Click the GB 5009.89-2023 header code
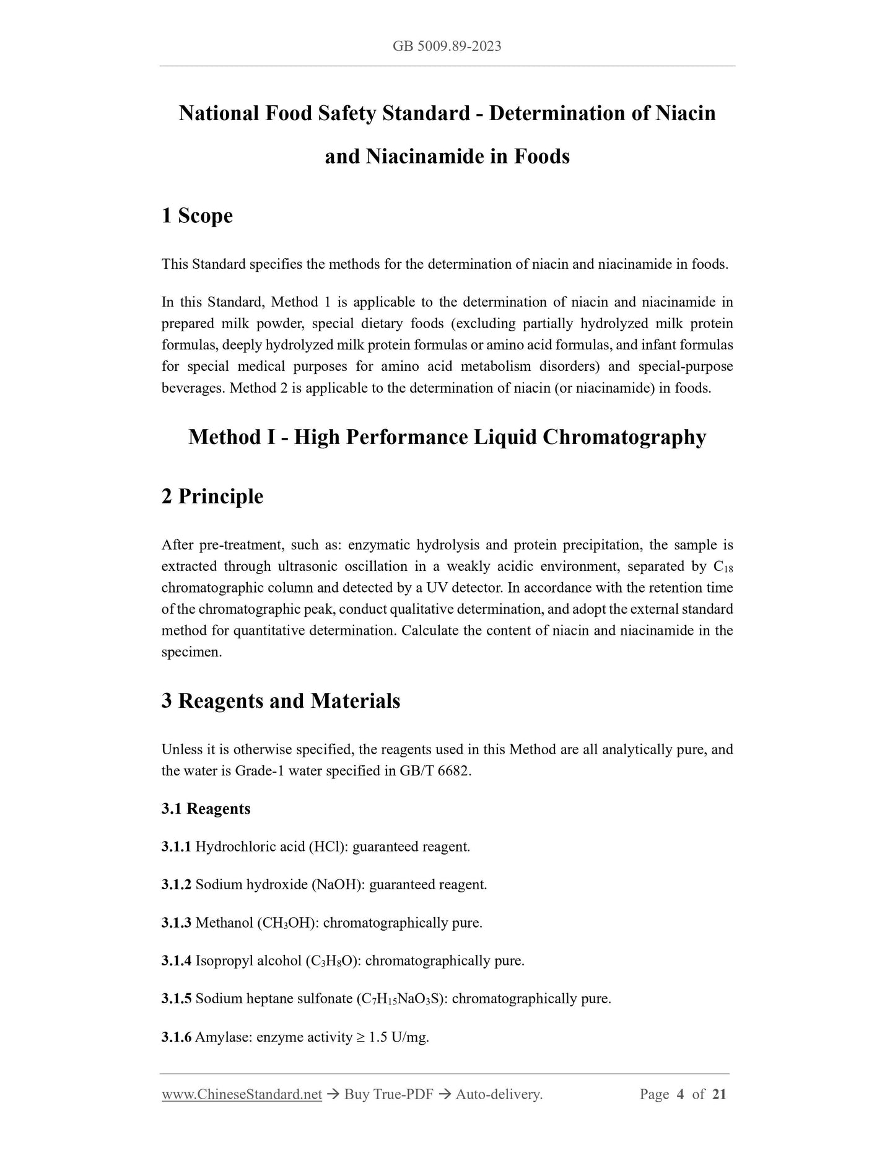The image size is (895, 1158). [447, 46]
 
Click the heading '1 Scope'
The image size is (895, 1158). [197, 216]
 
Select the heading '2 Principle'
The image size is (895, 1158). [212, 497]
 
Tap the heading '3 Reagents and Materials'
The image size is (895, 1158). [281, 701]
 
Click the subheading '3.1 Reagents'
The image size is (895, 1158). [206, 809]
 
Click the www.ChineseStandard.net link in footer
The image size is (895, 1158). [242, 1094]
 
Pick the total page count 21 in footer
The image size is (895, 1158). [719, 1094]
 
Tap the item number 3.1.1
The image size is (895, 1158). [176, 847]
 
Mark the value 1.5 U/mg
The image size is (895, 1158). [398, 1037]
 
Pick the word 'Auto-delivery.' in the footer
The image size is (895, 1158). [499, 1094]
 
